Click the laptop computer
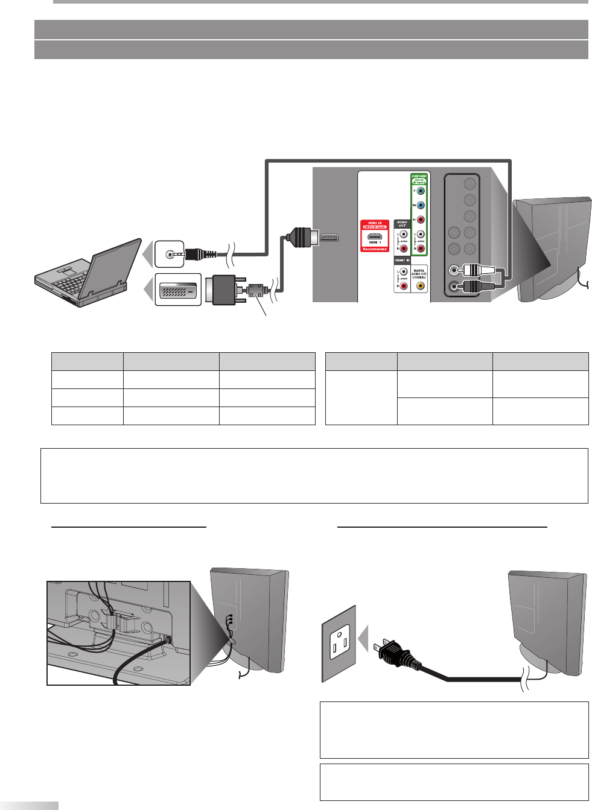[x=88, y=274]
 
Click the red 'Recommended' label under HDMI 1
[x=375, y=248]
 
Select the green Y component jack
[x=421, y=191]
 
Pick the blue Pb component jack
[x=421, y=206]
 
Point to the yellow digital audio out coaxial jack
[x=420, y=286]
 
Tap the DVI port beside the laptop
[x=178, y=290]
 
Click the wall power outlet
[x=339, y=643]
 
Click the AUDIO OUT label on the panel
[x=402, y=224]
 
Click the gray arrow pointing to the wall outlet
[x=363, y=639]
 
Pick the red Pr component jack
[x=421, y=220]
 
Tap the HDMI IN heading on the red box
[x=375, y=223]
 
